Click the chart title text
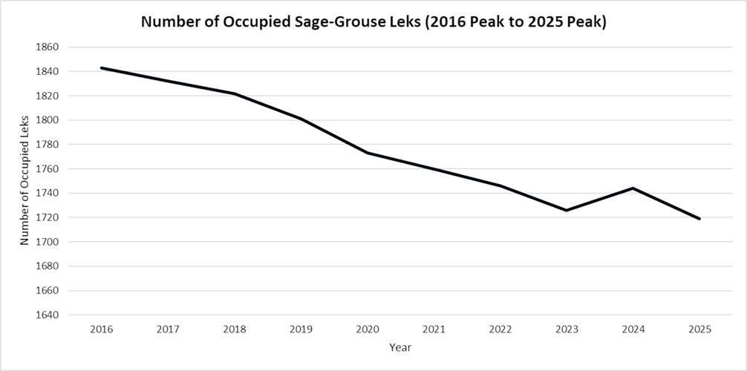pos(373,22)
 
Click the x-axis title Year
pos(400,347)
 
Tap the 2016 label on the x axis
pos(101,329)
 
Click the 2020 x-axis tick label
pos(367,329)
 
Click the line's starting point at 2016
pos(101,68)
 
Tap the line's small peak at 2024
pos(633,188)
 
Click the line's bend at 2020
pos(367,153)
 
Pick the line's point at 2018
pos(234,93)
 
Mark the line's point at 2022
pos(500,185)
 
